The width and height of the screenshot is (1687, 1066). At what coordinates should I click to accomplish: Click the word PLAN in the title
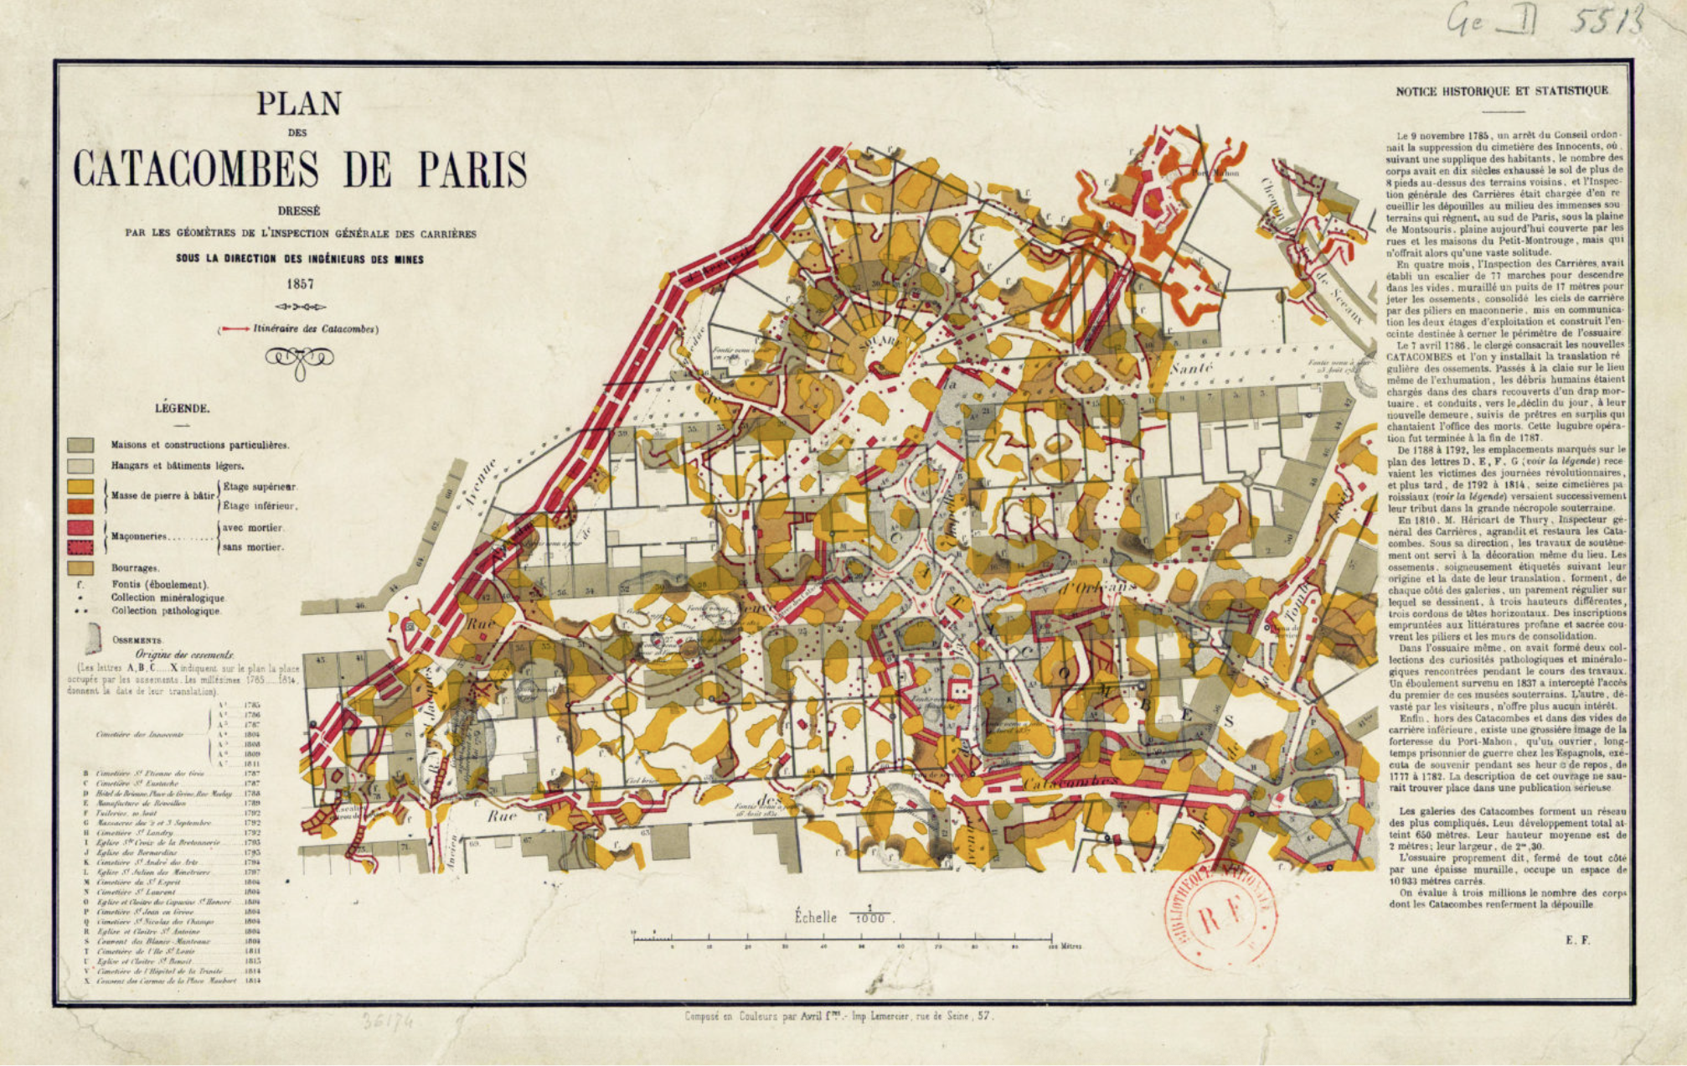[x=299, y=104]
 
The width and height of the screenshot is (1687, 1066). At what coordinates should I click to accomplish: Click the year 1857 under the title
[x=299, y=283]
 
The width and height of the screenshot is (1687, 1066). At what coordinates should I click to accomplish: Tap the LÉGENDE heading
[x=182, y=408]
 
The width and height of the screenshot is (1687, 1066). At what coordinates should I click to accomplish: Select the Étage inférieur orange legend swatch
[x=80, y=506]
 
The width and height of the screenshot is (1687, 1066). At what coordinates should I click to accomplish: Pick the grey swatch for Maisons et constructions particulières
[x=80, y=445]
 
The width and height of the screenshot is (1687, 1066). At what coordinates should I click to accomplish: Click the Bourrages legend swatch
[x=80, y=567]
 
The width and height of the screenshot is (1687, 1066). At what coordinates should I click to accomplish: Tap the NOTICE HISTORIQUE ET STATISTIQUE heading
[x=1502, y=91]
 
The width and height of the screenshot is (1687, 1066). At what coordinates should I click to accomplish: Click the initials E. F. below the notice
[x=1577, y=940]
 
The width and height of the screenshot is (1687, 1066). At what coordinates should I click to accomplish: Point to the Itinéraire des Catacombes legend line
[x=299, y=329]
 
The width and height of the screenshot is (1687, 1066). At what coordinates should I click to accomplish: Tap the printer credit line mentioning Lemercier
[x=838, y=1017]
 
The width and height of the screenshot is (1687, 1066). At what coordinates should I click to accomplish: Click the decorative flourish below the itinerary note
[x=299, y=360]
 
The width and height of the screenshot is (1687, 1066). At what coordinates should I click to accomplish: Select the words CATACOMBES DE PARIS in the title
[x=299, y=169]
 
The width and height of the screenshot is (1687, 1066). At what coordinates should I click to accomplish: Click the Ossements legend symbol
[x=92, y=639]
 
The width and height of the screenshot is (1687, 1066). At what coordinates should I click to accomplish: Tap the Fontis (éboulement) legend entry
[x=159, y=584]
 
